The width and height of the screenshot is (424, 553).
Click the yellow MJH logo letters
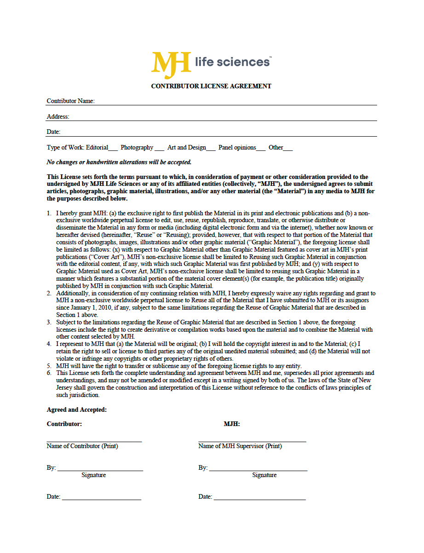pos(171,65)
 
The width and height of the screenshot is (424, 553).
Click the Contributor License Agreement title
pos(211,86)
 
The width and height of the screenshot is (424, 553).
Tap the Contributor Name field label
pos(70,101)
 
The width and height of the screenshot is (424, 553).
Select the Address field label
pos(58,116)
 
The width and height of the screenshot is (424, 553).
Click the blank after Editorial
pos(113,149)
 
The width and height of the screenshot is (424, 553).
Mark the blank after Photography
pos(159,149)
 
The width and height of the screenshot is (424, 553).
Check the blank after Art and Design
pos(211,149)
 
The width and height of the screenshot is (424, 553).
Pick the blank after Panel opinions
pos(261,149)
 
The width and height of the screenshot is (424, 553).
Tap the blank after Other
pos(288,149)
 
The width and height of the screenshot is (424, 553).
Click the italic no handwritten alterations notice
pos(119,162)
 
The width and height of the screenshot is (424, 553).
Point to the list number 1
pos(49,213)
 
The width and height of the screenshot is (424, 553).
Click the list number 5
pos(49,366)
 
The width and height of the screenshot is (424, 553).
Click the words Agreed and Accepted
pos(76,409)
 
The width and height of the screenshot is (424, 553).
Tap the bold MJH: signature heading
pos(232,424)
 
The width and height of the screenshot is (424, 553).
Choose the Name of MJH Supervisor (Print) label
pos(240,446)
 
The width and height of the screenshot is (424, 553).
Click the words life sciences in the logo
pos(232,62)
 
